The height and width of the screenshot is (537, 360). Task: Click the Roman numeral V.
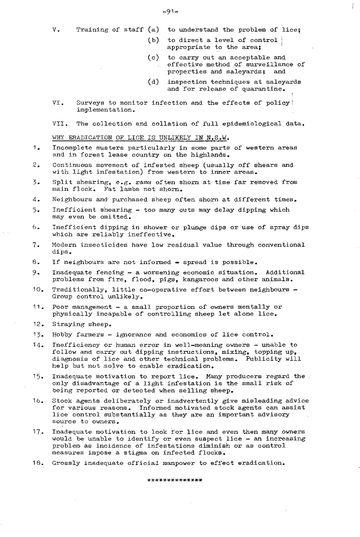[x=56, y=30]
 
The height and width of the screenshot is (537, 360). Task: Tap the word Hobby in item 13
[x=62, y=335]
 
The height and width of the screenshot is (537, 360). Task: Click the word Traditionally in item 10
[x=75, y=289]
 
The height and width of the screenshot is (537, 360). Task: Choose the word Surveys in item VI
[x=89, y=102]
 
